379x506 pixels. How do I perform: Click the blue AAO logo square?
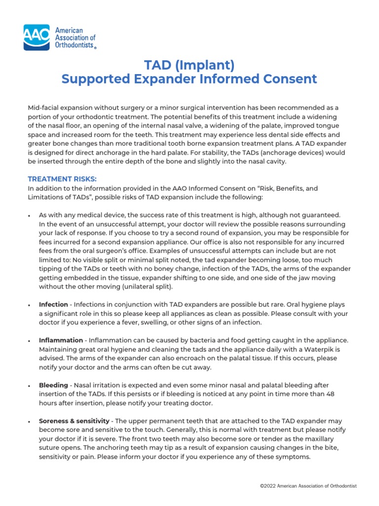(x=37, y=38)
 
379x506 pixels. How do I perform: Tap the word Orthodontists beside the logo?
(x=76, y=45)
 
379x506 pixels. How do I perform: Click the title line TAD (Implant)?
(x=189, y=65)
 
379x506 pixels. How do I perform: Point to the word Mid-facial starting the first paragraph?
(x=42, y=107)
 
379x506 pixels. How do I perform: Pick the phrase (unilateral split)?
(x=146, y=286)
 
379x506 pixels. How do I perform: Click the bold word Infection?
(x=54, y=304)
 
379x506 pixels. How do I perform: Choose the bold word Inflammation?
(x=61, y=340)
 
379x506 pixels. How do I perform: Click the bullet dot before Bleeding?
(x=30, y=385)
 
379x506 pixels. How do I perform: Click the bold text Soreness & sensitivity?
(x=74, y=421)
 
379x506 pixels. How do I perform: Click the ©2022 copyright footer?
(x=308, y=486)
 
